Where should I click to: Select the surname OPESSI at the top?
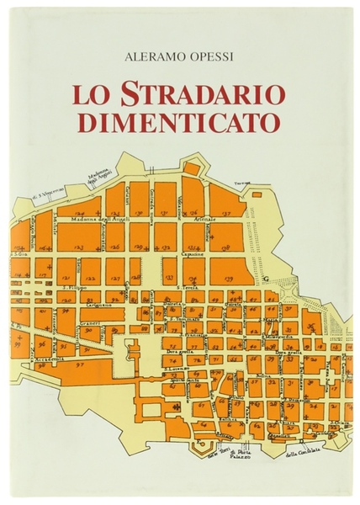tap(210, 57)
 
